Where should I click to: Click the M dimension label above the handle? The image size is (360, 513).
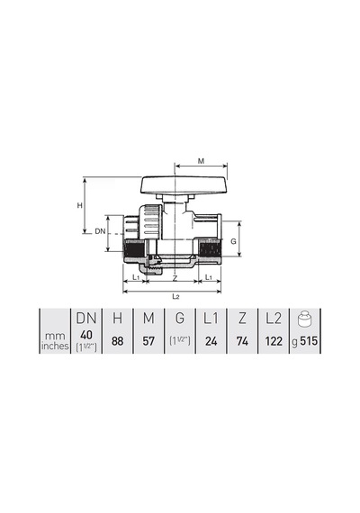coord(202,161)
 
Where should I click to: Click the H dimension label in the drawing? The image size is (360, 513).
coord(79,206)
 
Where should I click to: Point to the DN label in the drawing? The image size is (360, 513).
coord(100,231)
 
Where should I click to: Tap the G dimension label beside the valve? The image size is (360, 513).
coord(233,241)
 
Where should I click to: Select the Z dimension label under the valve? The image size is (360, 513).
coord(175,278)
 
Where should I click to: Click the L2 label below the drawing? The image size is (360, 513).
coord(175,297)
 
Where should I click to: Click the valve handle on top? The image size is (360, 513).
coord(184,185)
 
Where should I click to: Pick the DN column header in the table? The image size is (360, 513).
coord(86,319)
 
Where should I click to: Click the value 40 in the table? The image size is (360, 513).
coord(86,335)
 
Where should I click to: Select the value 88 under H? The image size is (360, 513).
coord(118,341)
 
